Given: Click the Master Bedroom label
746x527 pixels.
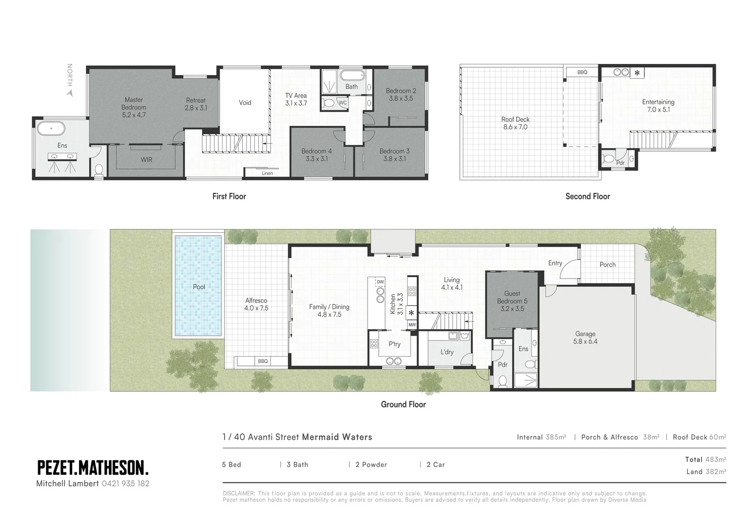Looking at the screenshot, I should pyautogui.click(x=133, y=103).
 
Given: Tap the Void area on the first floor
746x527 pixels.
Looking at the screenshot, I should pyautogui.click(x=245, y=102).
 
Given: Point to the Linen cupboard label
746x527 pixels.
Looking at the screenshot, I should pyautogui.click(x=267, y=173).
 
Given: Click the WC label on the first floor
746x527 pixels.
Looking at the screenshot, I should pyautogui.click(x=343, y=103).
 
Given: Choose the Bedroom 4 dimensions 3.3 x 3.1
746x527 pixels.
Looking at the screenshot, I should pyautogui.click(x=316, y=159).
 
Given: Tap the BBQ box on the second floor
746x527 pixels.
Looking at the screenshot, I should pyautogui.click(x=582, y=72).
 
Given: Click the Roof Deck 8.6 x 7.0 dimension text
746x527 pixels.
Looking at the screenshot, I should pyautogui.click(x=515, y=127).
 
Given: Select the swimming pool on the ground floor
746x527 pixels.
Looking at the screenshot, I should pyautogui.click(x=198, y=286).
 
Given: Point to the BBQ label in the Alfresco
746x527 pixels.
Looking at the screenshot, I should pyautogui.click(x=263, y=361).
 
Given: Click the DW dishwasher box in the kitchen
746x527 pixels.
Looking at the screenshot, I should pyautogui.click(x=380, y=282).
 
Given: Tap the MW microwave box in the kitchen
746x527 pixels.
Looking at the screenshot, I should pyautogui.click(x=412, y=324).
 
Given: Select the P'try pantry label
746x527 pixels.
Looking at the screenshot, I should pyautogui.click(x=394, y=344).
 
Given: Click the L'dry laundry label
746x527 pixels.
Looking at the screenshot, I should pyautogui.click(x=447, y=352).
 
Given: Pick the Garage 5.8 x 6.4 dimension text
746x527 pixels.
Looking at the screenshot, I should pyautogui.click(x=585, y=342).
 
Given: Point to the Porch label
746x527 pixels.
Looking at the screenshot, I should pyautogui.click(x=607, y=264).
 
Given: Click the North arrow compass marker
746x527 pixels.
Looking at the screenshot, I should pyautogui.click(x=70, y=91).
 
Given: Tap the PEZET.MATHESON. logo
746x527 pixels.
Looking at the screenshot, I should pyautogui.click(x=93, y=468).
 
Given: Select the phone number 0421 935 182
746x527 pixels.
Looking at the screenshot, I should pyautogui.click(x=125, y=484).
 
